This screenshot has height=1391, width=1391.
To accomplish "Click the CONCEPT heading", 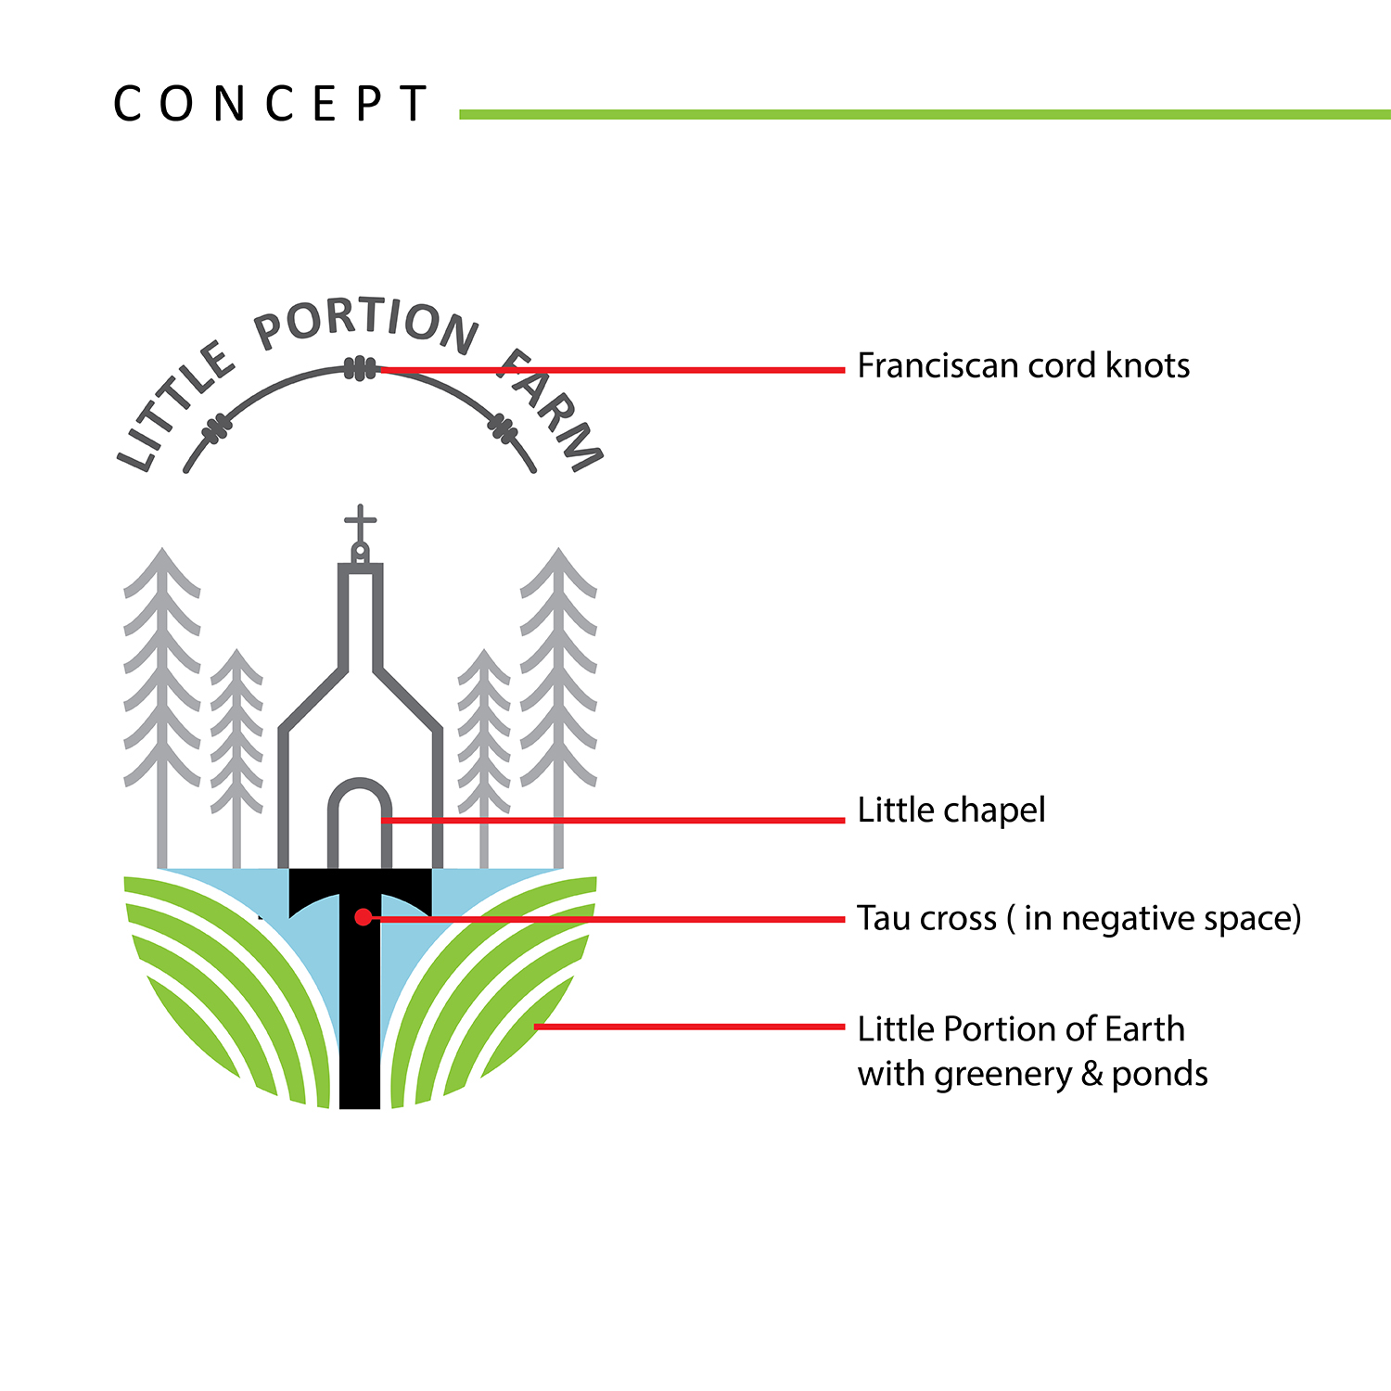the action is pos(270,104).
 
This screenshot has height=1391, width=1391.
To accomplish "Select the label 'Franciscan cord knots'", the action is pos(1023,365).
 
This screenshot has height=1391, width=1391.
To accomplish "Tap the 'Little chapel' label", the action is pos(951,810).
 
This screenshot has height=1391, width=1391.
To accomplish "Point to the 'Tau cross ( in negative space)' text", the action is pos(1079,918).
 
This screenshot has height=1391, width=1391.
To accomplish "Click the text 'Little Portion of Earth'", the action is pos(1021,1028).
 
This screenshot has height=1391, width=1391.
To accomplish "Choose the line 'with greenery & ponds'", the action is pos(1033,1074).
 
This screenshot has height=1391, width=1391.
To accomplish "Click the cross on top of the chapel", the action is pos(360,525).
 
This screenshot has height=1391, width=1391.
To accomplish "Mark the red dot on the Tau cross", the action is pos(363,917).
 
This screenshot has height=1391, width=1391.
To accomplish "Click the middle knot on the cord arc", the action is pos(360,369).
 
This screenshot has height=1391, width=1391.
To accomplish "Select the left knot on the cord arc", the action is pos(216,428).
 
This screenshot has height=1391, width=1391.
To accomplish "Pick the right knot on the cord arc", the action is pos(503,428).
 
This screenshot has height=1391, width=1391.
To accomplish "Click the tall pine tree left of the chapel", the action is pos(162,705).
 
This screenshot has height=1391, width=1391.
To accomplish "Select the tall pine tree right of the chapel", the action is pos(558,705).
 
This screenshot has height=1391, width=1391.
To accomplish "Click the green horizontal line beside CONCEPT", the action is pos(925,114).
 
